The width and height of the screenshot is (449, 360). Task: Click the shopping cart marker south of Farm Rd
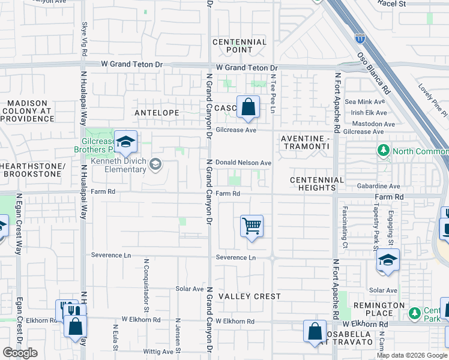point(252,227)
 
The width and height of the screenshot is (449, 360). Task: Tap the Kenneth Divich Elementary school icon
point(155,164)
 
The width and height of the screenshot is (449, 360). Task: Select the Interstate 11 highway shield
point(360,38)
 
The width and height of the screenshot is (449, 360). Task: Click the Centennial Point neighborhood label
point(240,46)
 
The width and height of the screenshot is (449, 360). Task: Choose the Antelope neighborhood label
point(157,112)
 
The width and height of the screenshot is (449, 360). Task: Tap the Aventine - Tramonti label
point(306,142)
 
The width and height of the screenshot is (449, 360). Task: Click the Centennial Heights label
point(317,184)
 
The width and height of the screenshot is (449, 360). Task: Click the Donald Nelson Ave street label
point(244,163)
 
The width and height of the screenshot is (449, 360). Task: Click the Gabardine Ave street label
point(376,187)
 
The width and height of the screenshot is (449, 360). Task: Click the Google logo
point(20,353)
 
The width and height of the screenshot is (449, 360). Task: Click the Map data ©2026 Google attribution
point(412,355)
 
